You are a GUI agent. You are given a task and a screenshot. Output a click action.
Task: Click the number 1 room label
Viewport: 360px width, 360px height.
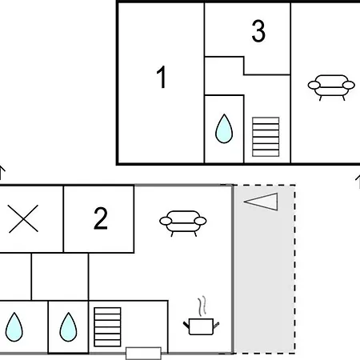[162, 77]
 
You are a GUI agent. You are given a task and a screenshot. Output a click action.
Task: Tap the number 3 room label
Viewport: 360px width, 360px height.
[258, 31]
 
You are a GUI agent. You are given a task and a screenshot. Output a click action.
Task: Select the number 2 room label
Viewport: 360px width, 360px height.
[101, 218]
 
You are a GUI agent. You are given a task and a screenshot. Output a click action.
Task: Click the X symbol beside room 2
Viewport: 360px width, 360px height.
[23, 218]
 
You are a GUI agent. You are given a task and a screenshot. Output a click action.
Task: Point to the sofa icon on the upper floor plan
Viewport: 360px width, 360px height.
[331, 87]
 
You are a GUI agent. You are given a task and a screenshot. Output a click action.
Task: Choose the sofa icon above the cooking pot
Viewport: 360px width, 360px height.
[183, 223]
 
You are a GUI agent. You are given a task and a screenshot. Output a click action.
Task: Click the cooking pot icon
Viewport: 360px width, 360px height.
[201, 326]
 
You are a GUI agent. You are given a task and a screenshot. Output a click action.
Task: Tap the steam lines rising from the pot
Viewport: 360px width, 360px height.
[202, 306]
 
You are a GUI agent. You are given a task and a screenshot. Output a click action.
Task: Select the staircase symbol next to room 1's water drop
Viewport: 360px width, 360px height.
[266, 137]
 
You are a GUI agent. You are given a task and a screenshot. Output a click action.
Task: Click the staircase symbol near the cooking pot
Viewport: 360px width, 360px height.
[107, 327]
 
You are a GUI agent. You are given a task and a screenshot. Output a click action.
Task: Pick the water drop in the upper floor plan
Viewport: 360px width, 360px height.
[224, 129]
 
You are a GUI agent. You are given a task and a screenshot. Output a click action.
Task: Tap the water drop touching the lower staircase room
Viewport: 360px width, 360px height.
[68, 326]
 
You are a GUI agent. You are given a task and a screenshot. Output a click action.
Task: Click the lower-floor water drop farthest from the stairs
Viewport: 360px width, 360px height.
[14, 326]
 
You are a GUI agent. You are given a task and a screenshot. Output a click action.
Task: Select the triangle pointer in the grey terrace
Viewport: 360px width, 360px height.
[261, 202]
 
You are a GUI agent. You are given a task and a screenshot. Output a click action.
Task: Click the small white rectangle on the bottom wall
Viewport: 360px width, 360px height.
[143, 353]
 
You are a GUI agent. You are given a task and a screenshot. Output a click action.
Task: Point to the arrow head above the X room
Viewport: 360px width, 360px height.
[2, 169]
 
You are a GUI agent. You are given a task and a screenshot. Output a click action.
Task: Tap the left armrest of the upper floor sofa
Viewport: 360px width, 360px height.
[314, 86]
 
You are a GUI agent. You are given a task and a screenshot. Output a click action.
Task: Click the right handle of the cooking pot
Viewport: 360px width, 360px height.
[216, 325]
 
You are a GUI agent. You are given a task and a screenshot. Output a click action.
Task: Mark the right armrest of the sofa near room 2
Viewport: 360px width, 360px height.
[201, 221]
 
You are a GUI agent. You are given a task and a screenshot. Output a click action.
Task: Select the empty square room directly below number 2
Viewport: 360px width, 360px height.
[60, 277]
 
